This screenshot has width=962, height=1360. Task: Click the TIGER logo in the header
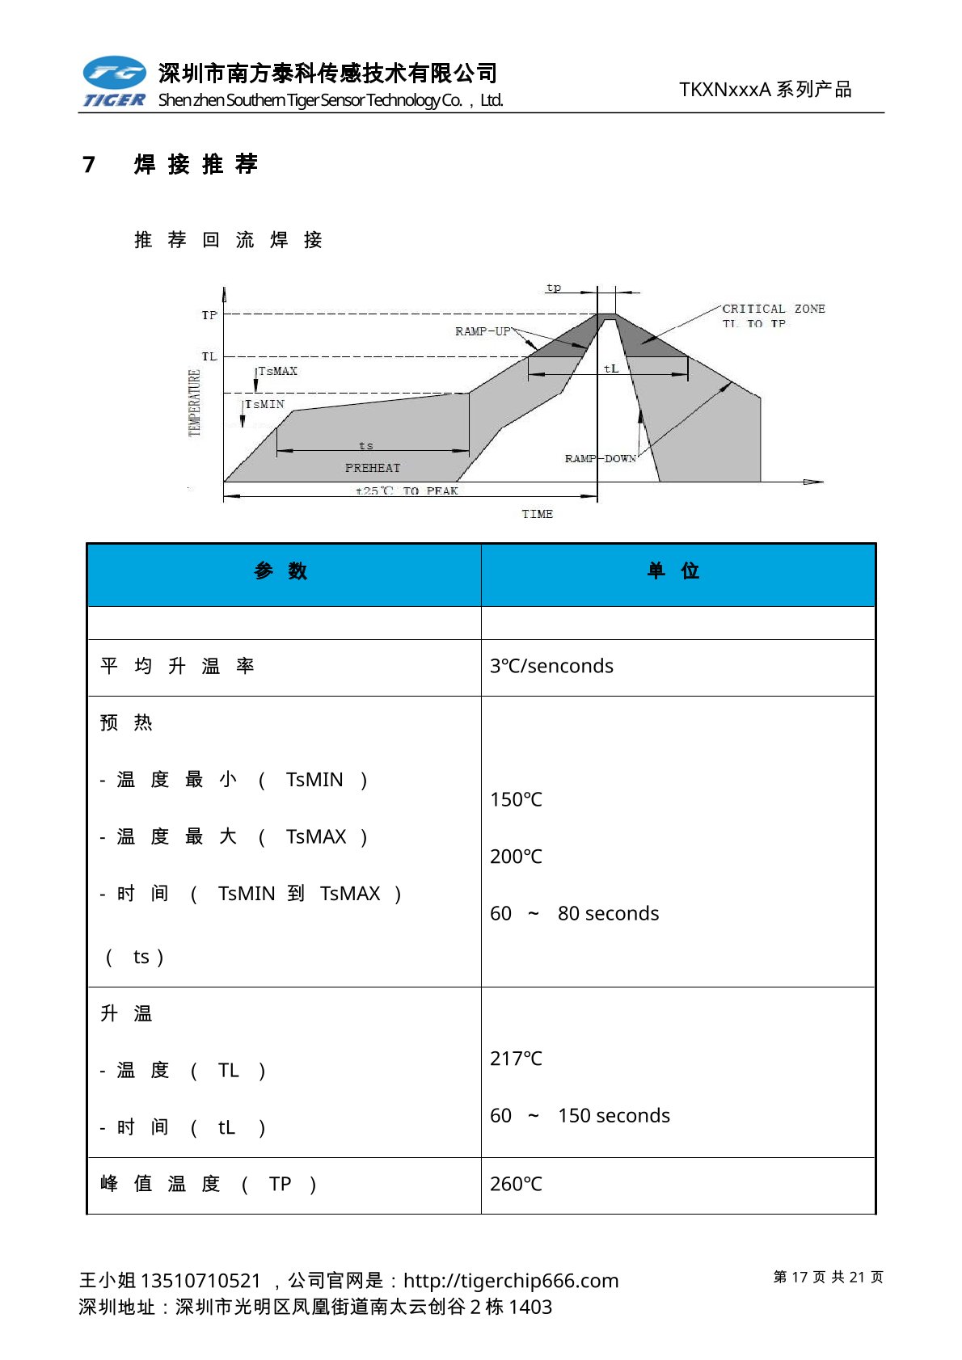point(114,82)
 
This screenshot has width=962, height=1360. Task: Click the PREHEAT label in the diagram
point(373,468)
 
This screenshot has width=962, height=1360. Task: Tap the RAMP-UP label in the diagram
point(483,331)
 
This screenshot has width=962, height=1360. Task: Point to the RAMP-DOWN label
point(600,458)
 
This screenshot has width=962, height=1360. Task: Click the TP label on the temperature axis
point(209,315)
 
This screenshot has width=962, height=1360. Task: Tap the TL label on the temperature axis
point(209,356)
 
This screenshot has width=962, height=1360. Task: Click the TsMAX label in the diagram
point(278,371)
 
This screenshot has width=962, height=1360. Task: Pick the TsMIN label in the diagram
point(265,404)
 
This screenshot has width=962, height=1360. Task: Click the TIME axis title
point(537,514)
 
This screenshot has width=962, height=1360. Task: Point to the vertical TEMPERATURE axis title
point(194,402)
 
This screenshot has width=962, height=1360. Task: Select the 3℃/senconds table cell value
point(551,666)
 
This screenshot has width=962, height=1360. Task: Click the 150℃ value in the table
point(516,799)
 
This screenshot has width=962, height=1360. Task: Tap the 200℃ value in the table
point(516,857)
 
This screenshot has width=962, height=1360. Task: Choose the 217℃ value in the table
point(516,1059)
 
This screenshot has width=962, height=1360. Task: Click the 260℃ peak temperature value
point(516,1184)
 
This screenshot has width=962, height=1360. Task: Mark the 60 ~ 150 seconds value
point(580,1116)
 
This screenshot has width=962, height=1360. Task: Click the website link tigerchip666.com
point(511,1281)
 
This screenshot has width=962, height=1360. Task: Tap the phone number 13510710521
point(200,1281)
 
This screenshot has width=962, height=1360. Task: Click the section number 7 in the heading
point(89,165)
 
